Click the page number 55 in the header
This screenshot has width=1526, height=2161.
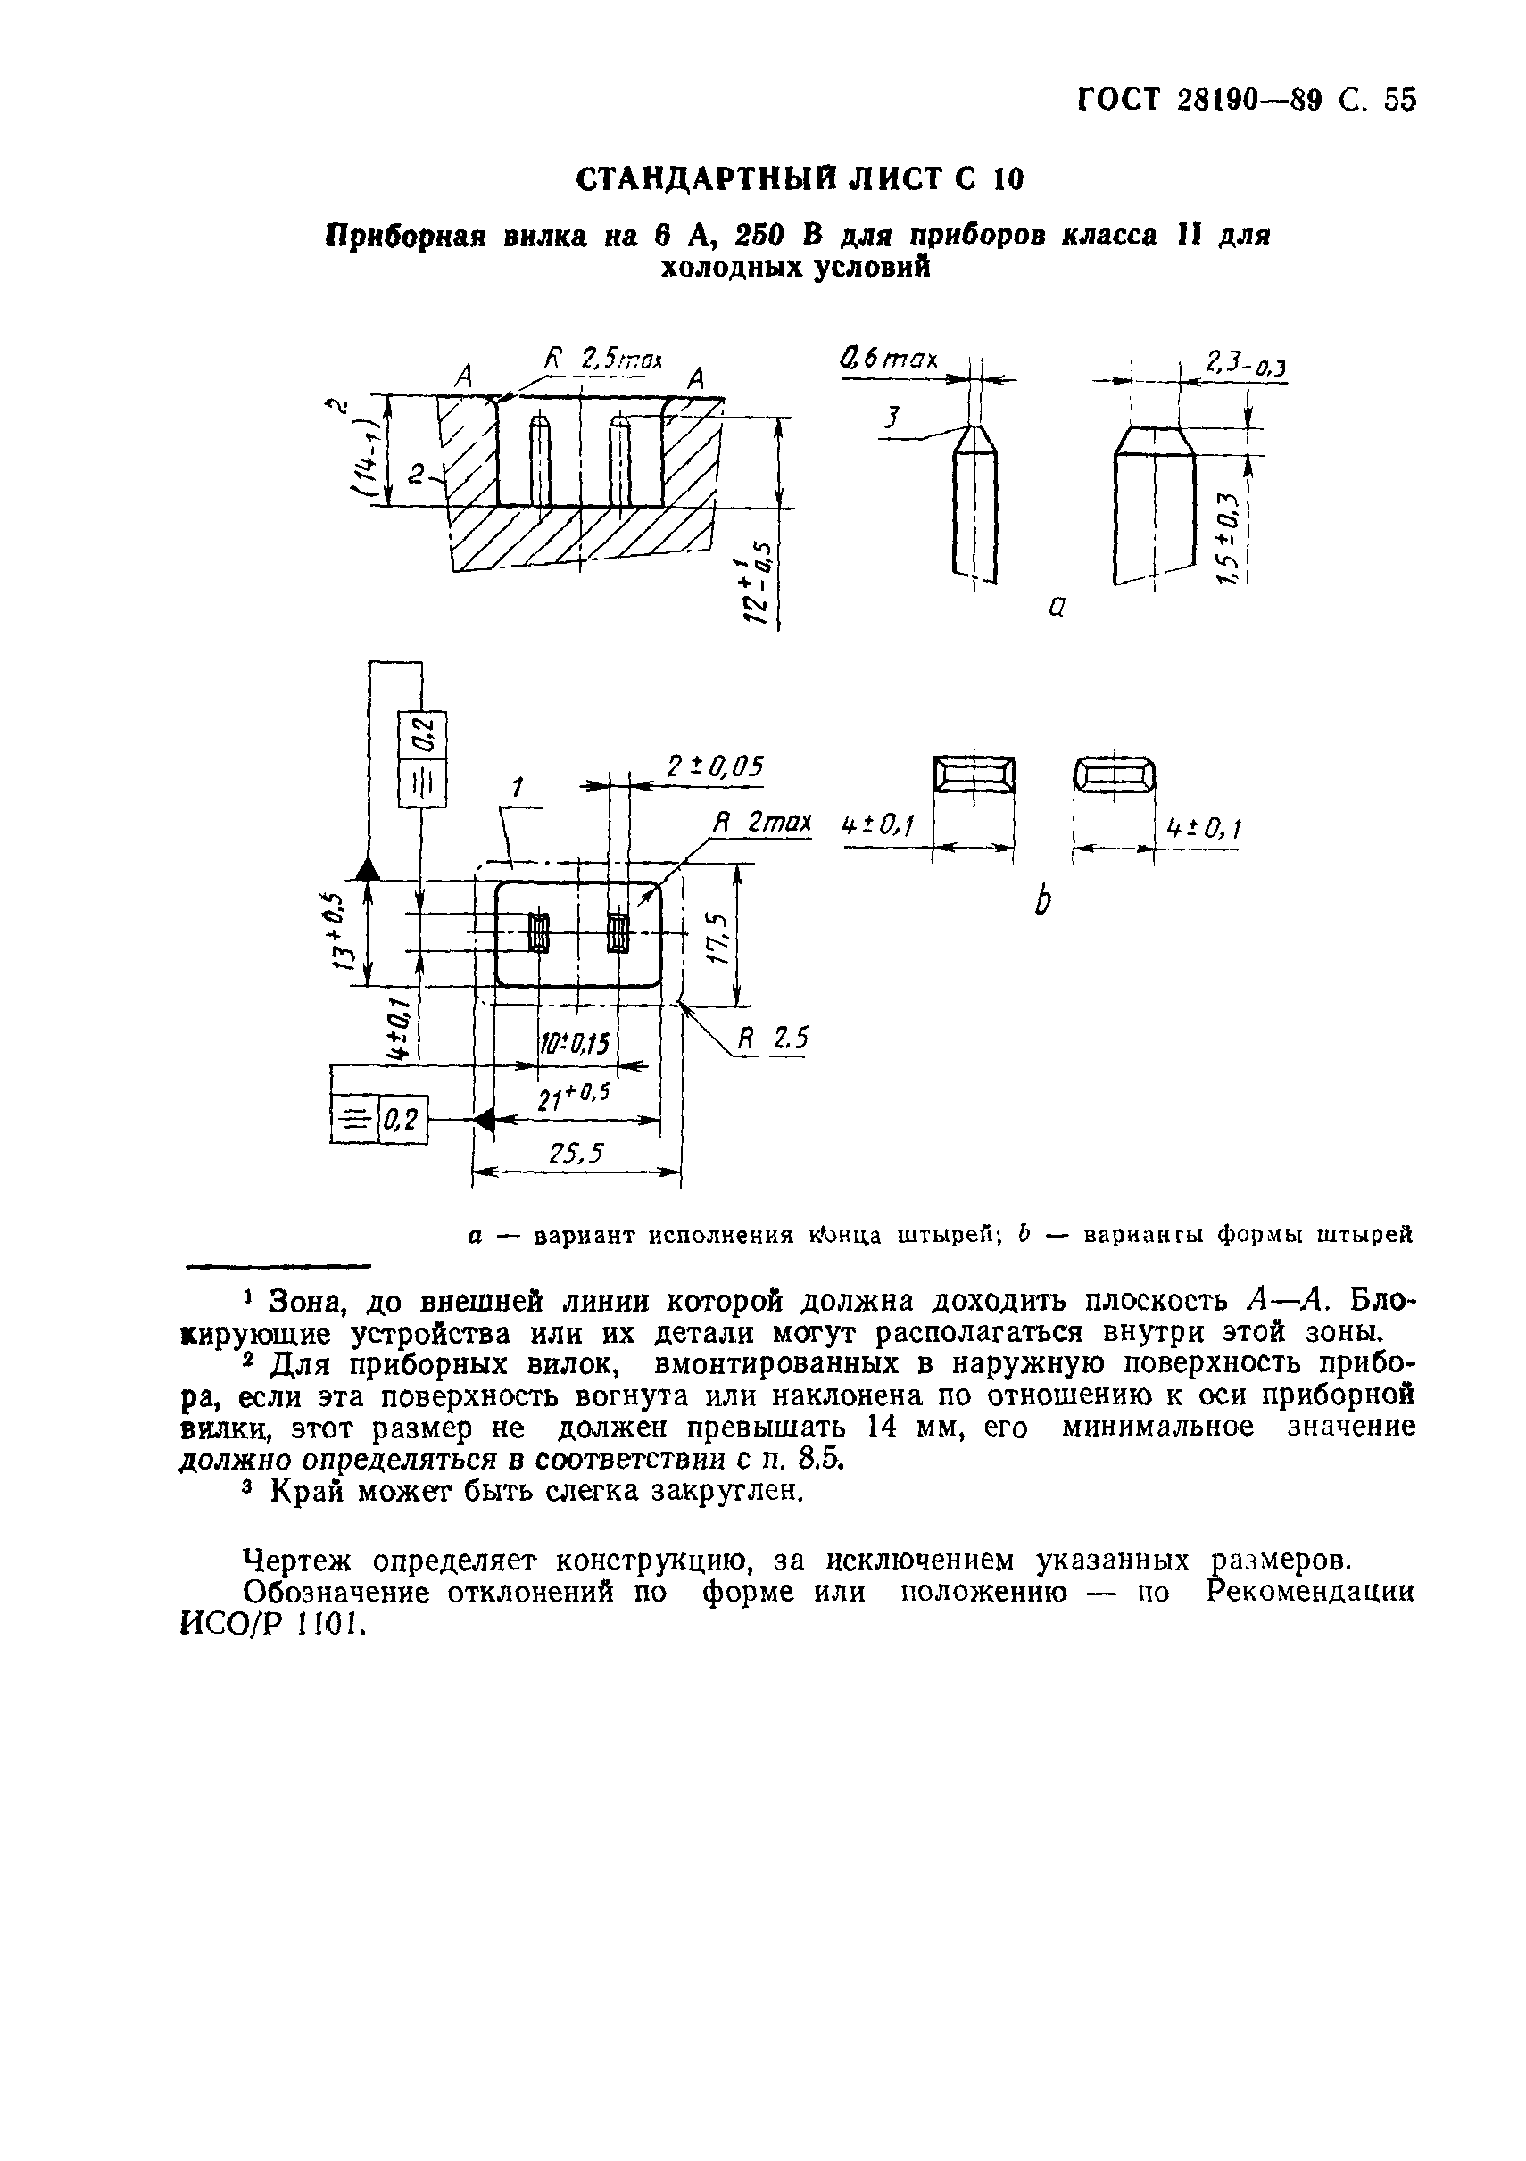pyautogui.click(x=1400, y=99)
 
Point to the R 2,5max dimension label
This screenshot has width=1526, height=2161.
pyautogui.click(x=602, y=360)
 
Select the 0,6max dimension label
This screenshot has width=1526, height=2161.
pyautogui.click(x=889, y=360)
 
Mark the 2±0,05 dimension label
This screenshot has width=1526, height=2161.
pyautogui.click(x=716, y=767)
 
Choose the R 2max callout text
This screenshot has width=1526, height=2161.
pyautogui.click(x=760, y=823)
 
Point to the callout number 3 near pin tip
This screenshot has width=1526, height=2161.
pyautogui.click(x=892, y=418)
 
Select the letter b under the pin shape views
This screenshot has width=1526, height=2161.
pyautogui.click(x=1042, y=902)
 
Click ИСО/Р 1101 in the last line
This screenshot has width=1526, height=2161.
pyautogui.click(x=269, y=1626)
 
